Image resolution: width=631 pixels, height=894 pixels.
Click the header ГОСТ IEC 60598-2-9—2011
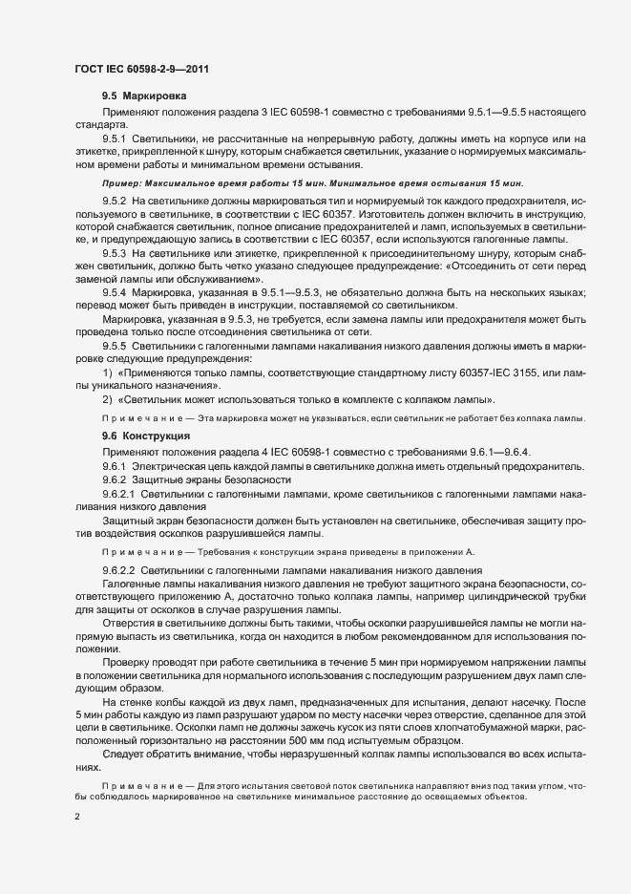coord(142,69)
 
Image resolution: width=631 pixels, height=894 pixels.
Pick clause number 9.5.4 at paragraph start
coord(115,290)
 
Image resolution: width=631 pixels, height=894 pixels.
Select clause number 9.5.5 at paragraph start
coord(115,343)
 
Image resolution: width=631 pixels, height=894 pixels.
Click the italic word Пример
coord(121,182)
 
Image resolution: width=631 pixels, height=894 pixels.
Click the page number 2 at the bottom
coord(77,818)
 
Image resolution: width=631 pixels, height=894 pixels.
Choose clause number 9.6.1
coord(115,465)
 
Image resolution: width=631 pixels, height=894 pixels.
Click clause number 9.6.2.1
coord(118,494)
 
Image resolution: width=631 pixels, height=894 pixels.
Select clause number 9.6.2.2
coord(118,569)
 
